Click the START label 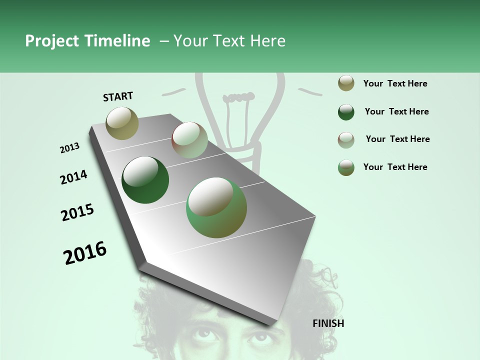[118, 96]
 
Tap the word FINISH [328, 323]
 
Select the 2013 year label [69, 148]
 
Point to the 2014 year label [73, 177]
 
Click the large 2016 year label [85, 253]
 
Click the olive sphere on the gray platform [122, 123]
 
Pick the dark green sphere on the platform [145, 180]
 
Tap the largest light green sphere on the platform [216, 207]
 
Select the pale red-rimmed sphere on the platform [189, 140]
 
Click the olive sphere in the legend [346, 83]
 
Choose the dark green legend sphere [346, 112]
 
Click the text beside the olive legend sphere [395, 83]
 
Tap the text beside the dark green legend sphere [396, 111]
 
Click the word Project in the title [51, 41]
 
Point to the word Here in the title [267, 41]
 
